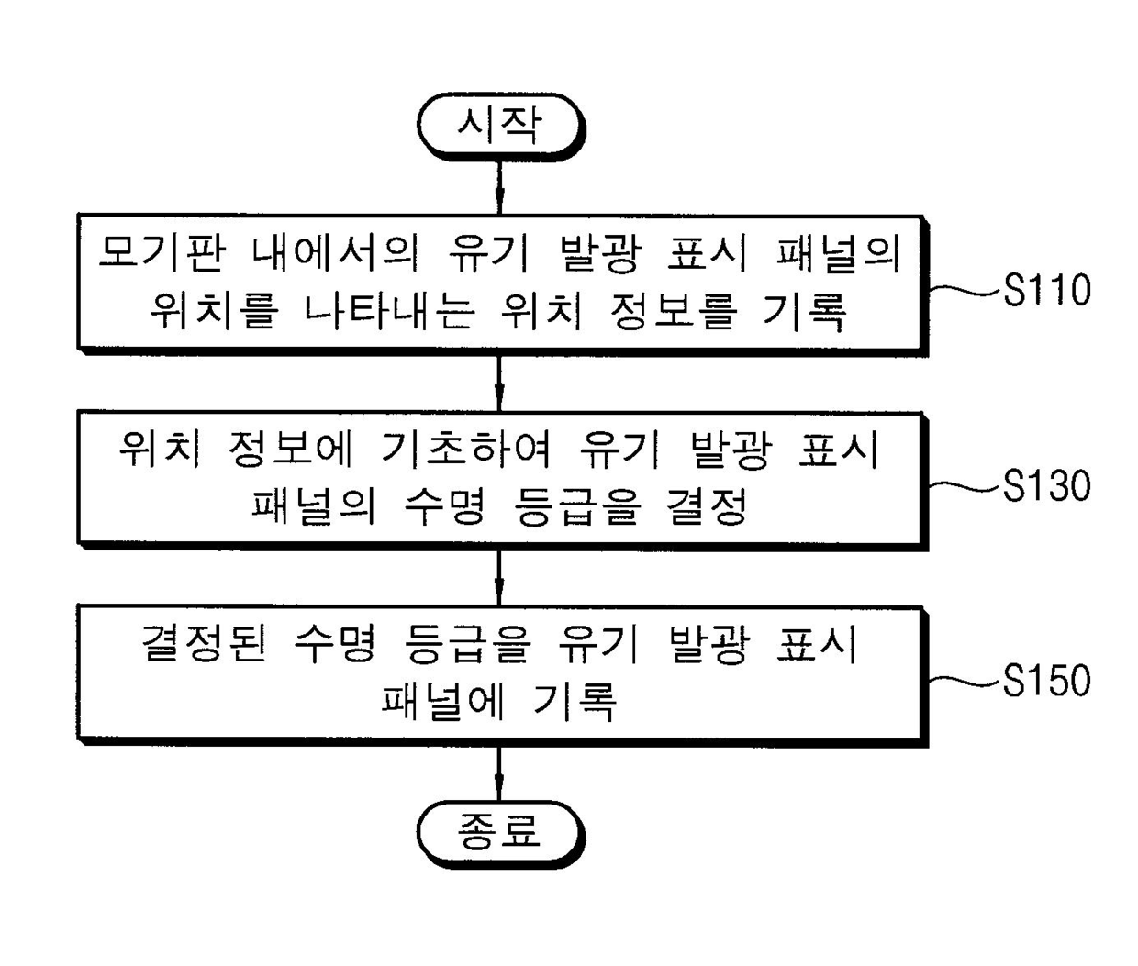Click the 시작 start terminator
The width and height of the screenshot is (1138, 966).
[500, 126]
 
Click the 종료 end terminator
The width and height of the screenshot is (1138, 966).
[500, 832]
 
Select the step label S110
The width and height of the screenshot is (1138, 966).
[1046, 290]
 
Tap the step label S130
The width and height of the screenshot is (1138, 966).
[1046, 485]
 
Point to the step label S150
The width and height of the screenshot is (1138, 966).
[1046, 681]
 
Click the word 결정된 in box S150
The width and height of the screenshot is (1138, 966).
[205, 644]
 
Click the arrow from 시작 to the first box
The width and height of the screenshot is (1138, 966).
[499, 187]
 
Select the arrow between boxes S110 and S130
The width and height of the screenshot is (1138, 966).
[499, 383]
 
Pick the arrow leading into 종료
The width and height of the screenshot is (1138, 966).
[499, 772]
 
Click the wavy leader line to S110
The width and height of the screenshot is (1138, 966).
[964, 290]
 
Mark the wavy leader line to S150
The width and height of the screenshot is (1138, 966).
[964, 681]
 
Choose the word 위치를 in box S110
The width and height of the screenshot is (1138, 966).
[213, 311]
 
